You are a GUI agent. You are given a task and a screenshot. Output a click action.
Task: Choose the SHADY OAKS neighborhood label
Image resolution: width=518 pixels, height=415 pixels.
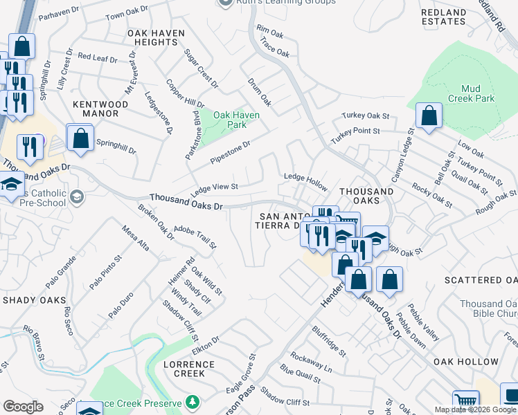point(34,300)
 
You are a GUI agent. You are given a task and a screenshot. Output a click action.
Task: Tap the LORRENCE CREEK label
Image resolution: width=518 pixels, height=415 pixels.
point(184,369)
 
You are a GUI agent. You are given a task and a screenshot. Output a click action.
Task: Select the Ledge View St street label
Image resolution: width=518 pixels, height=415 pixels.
point(215,187)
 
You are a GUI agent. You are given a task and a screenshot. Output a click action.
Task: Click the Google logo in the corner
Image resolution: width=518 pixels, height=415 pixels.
point(23,407)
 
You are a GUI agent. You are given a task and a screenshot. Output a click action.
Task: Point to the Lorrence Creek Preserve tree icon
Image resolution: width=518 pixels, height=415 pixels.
point(192,402)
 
